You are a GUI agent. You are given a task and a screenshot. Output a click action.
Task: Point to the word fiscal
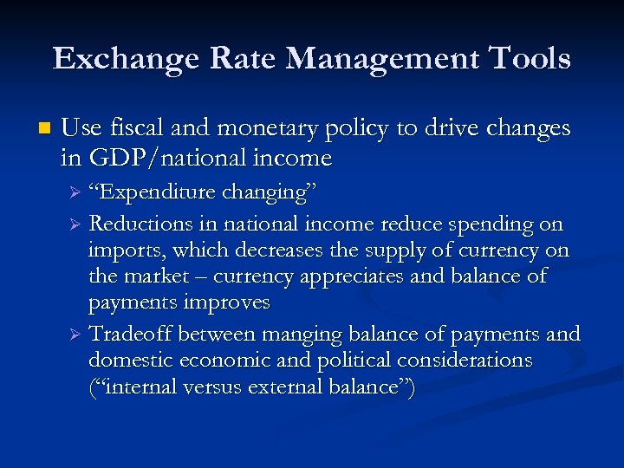click(x=132, y=129)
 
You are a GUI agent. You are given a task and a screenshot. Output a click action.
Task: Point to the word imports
click(x=120, y=250)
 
